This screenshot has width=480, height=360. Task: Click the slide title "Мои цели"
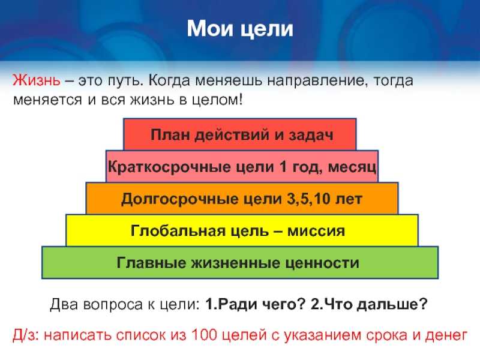point(240,29)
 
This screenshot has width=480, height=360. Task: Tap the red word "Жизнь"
point(37,80)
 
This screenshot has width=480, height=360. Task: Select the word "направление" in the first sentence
point(316,81)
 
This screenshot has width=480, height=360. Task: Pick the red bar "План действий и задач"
point(239,134)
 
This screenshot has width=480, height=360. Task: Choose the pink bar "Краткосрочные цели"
point(242,167)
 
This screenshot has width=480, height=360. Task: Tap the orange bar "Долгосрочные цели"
point(242,199)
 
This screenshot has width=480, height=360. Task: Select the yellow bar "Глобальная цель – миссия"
point(242,230)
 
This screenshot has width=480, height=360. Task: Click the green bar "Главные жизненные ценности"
point(240,263)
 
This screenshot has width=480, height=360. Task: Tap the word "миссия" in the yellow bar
point(316,231)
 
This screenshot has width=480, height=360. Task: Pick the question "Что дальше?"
point(368,304)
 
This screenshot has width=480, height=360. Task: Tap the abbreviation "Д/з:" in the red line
point(26,335)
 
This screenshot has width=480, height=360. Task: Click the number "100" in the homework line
point(204,335)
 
